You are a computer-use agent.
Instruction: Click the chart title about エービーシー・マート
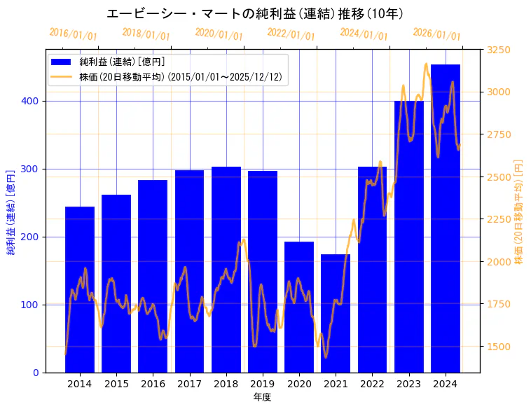click(255, 13)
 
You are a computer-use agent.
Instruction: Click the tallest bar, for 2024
click(446, 218)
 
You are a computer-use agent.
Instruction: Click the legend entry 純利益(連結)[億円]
click(122, 62)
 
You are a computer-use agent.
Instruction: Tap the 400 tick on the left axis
click(33, 101)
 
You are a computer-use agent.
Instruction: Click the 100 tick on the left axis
click(33, 305)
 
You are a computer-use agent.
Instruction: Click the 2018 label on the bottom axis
click(226, 384)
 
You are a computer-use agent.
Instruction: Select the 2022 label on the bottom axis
click(372, 384)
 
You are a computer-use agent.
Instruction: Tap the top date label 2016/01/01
click(73, 34)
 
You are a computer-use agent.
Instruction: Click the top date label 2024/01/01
click(364, 34)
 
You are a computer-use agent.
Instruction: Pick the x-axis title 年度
click(262, 397)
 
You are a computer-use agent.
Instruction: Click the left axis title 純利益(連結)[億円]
click(11, 212)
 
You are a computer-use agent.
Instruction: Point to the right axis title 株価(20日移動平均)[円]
click(519, 211)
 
